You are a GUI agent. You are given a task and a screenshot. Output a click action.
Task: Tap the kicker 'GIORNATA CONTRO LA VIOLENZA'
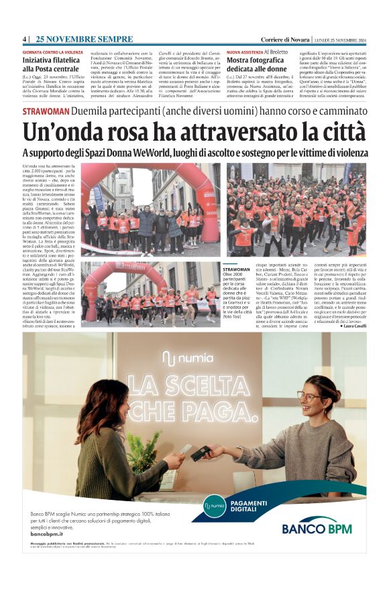click(54, 52)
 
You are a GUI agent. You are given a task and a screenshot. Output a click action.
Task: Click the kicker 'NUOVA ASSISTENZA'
click(244, 52)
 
